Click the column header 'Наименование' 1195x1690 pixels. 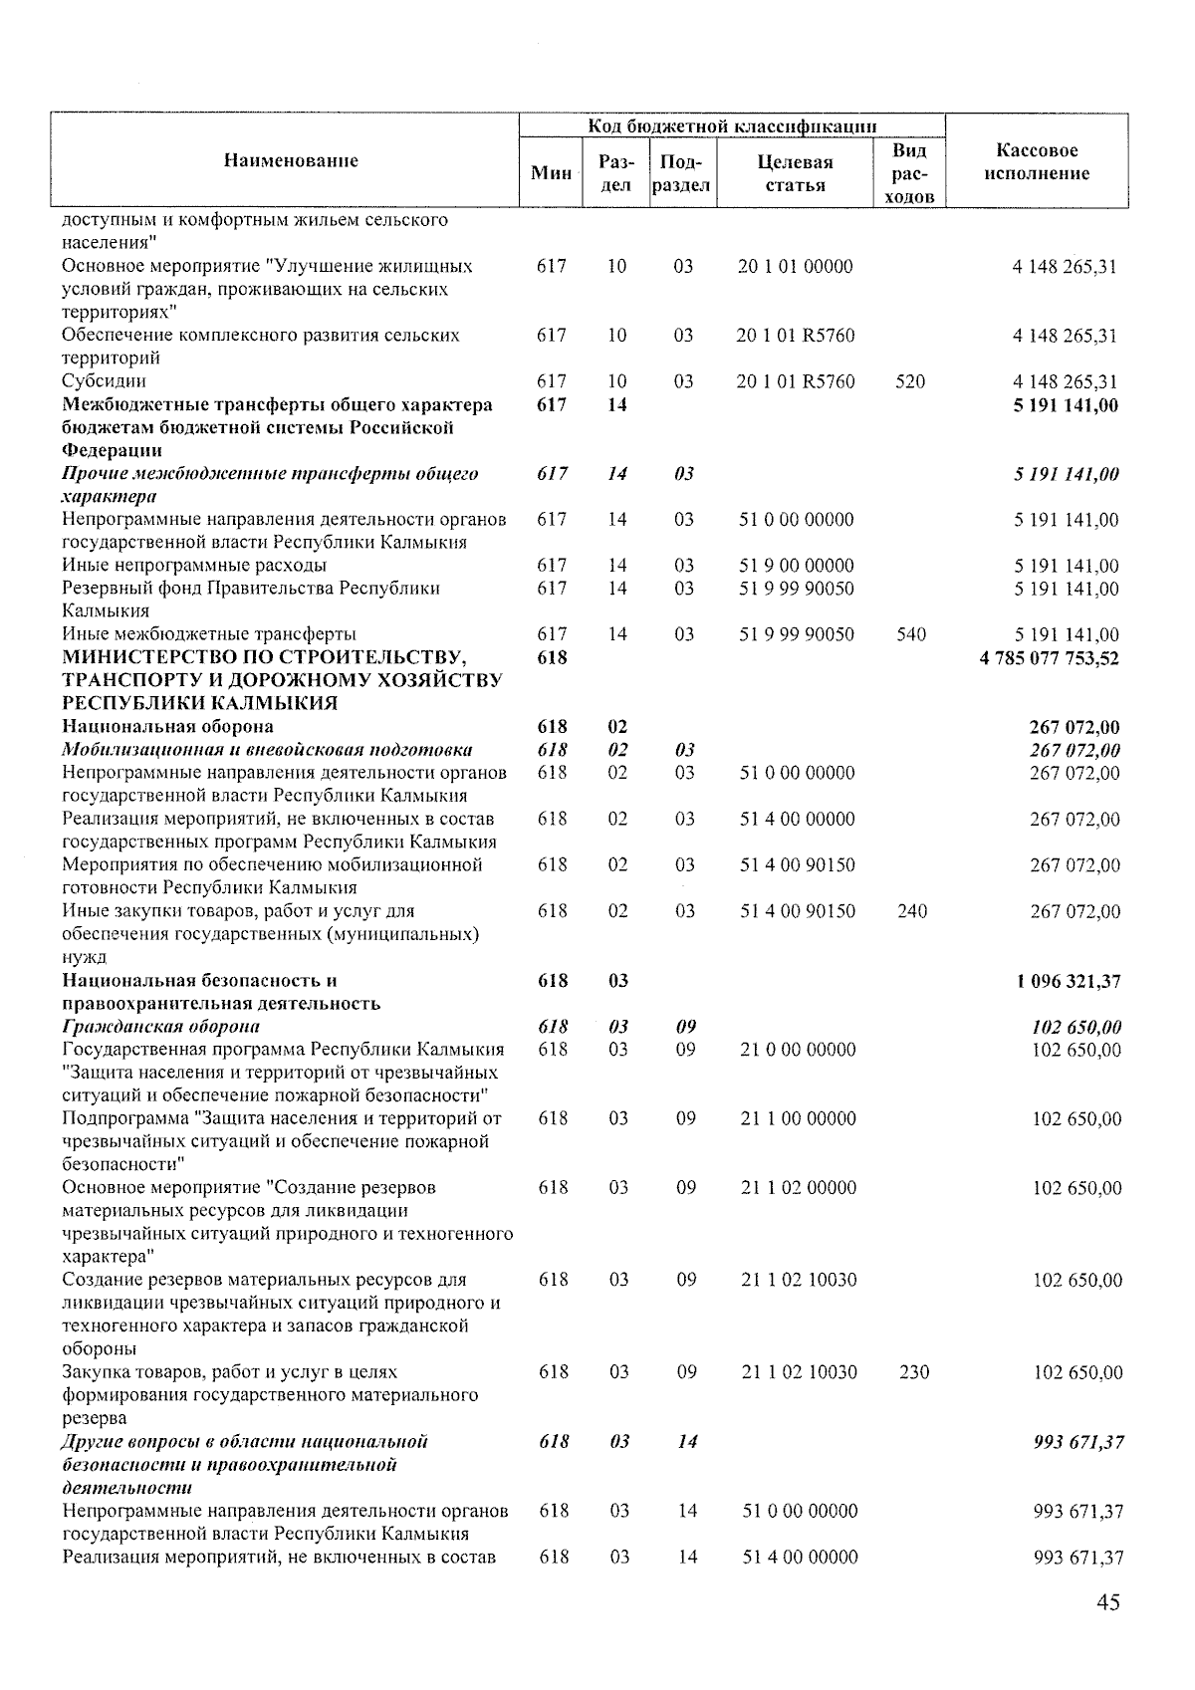coord(290,160)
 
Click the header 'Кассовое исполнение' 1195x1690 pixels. coord(1037,161)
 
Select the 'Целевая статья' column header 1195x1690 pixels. coord(794,173)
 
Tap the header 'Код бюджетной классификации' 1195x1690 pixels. coord(732,125)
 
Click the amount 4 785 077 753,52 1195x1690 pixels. coord(1050,657)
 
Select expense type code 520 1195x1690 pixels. coord(909,381)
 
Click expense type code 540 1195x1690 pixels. coord(910,634)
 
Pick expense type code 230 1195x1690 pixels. coord(913,1372)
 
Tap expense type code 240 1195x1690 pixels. coord(911,911)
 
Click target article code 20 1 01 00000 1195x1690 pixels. coord(795,267)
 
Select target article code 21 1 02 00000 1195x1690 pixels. coord(798,1188)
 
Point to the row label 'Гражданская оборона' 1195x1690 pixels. coord(160,1027)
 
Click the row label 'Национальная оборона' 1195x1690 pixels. coord(167,726)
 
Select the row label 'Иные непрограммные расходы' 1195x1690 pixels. coord(193,566)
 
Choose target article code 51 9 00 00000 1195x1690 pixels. coord(796,566)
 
